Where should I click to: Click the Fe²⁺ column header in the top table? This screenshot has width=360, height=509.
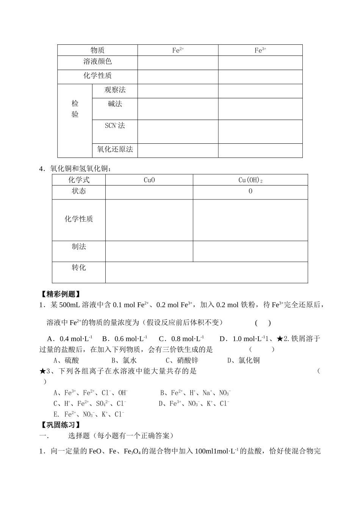tap(178, 50)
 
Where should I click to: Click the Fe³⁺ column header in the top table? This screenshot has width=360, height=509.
tap(260, 50)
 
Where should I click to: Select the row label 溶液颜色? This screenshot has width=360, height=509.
tap(97, 61)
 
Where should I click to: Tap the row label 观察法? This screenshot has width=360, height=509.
tap(115, 90)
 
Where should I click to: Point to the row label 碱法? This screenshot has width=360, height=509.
tap(115, 104)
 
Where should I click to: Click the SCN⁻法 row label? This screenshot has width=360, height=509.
tap(115, 126)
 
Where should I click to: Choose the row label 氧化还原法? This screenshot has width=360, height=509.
tap(115, 149)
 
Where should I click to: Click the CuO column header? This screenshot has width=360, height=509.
tap(149, 180)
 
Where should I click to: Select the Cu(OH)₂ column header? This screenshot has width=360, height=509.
tap(250, 180)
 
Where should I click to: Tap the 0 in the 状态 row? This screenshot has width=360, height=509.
tap(250, 191)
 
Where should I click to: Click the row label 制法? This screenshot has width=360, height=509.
tap(79, 247)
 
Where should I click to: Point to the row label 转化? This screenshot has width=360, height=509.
tap(79, 268)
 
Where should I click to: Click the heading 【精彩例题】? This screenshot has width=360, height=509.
tap(59, 294)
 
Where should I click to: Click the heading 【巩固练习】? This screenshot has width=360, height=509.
tap(59, 425)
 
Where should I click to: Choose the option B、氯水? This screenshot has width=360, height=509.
tap(124, 360)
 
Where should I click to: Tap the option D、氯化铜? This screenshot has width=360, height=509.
tap(243, 360)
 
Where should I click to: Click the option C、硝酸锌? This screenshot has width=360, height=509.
tap(182, 360)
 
